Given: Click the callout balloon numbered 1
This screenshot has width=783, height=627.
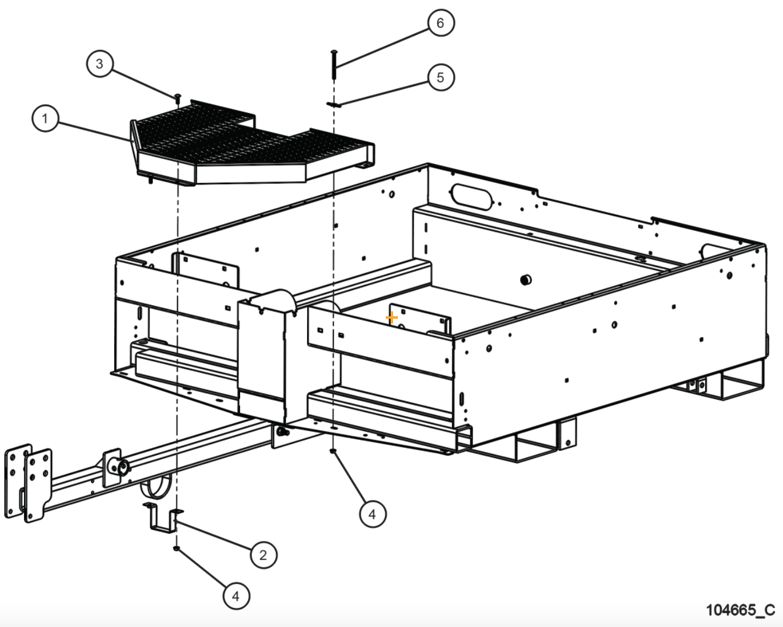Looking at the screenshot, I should coord(45,119).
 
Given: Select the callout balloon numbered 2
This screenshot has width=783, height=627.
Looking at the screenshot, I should coord(263,555).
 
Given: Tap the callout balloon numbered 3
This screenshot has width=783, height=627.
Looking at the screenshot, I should coord(99,64).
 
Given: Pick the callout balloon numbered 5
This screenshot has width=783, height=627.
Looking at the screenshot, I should coord(440,78).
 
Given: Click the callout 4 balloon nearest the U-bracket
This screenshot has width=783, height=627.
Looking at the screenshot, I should coord(236,595).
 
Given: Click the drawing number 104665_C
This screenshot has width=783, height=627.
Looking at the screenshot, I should coord(740,610).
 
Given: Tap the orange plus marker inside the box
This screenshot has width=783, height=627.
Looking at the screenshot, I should coord(391,318).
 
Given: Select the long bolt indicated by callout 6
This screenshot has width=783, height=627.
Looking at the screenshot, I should coord(333,64).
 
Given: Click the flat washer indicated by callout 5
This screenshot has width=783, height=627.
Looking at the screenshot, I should coord(333,105).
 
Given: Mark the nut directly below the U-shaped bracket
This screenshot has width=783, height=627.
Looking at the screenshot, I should coord(176,548).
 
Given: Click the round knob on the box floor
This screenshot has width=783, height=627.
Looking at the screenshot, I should coord(525,280).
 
